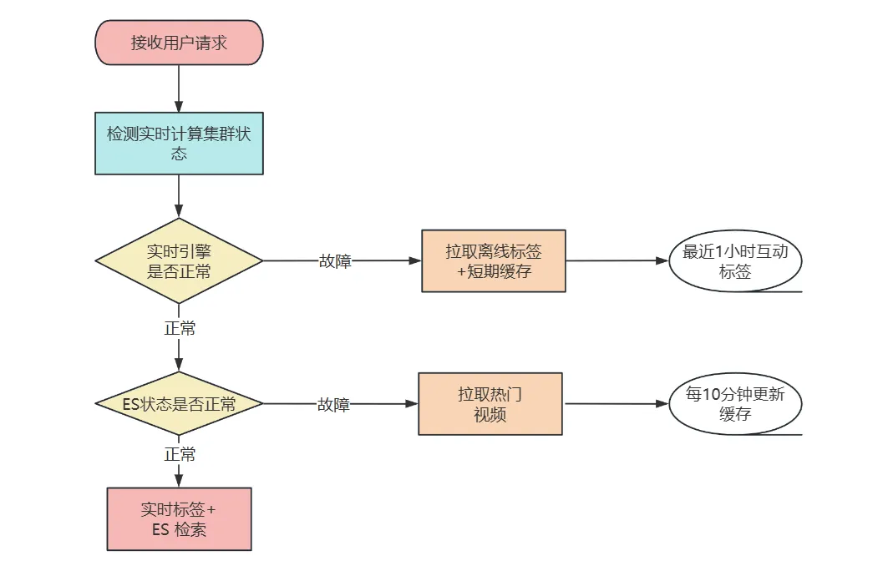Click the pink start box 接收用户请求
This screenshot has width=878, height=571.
pos(179,43)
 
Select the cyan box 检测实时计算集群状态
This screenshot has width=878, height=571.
pos(179,143)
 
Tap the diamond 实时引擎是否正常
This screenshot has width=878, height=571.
pos(179,260)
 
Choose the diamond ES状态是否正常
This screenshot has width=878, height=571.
pos(179,404)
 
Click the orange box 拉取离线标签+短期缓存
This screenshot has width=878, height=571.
pos(493,260)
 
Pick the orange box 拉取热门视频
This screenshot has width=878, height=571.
pos(490,404)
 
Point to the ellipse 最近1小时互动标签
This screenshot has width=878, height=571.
pos(735,261)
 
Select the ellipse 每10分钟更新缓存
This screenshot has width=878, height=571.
pos(735,405)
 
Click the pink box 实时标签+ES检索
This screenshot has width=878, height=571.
pos(179,518)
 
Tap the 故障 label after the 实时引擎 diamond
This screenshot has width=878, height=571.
pos(335,261)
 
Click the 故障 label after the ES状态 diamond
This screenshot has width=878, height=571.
pos(333,405)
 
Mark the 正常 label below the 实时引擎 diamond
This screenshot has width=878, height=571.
pos(180,328)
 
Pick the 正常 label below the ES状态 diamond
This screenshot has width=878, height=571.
pos(180,455)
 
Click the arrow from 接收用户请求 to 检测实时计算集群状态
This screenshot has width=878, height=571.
pos(179,88)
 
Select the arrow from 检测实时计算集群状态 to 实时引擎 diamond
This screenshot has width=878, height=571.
pos(179,197)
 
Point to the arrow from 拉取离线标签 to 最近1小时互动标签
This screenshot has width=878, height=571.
pos(617,260)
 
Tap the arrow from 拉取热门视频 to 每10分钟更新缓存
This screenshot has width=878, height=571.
pos(617,404)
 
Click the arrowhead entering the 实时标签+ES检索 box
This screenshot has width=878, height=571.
pos(179,482)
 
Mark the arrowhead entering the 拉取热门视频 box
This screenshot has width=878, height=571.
pos(412,404)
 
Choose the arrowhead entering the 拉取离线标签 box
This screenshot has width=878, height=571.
pos(415,260)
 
